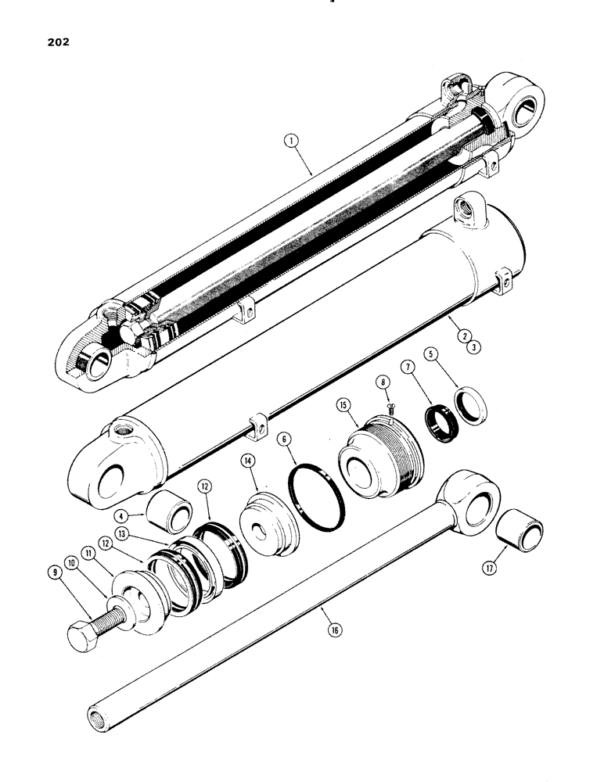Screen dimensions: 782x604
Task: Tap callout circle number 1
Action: tap(291, 142)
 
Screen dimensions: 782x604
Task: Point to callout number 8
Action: tap(383, 382)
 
